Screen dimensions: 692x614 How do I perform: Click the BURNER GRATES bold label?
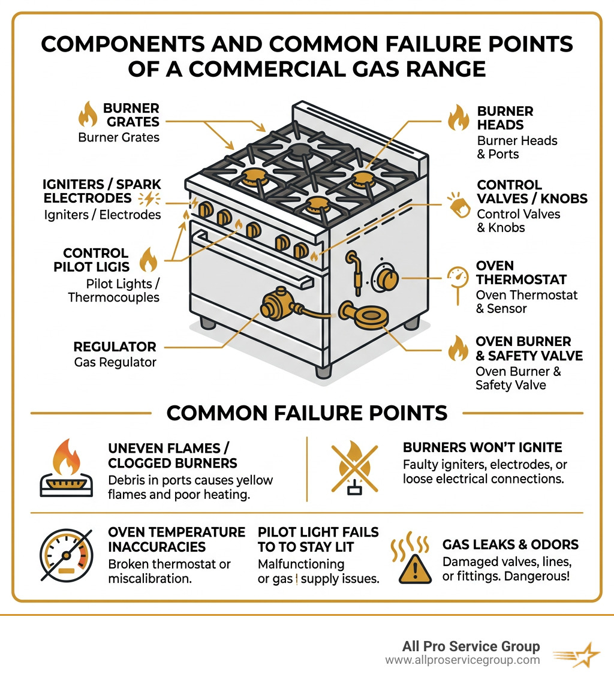click(x=131, y=115)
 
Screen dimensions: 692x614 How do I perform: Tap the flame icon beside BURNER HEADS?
click(x=459, y=118)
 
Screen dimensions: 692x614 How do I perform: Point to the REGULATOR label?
click(x=115, y=347)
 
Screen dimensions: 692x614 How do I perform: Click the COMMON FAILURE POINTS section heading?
click(x=306, y=413)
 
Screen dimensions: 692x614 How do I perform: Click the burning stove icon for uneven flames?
click(x=67, y=468)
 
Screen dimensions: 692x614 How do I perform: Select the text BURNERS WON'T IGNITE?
click(x=482, y=447)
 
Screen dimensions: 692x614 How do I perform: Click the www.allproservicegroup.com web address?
click(x=462, y=660)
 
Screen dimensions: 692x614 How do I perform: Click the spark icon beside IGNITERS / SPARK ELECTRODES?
click(x=147, y=200)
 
